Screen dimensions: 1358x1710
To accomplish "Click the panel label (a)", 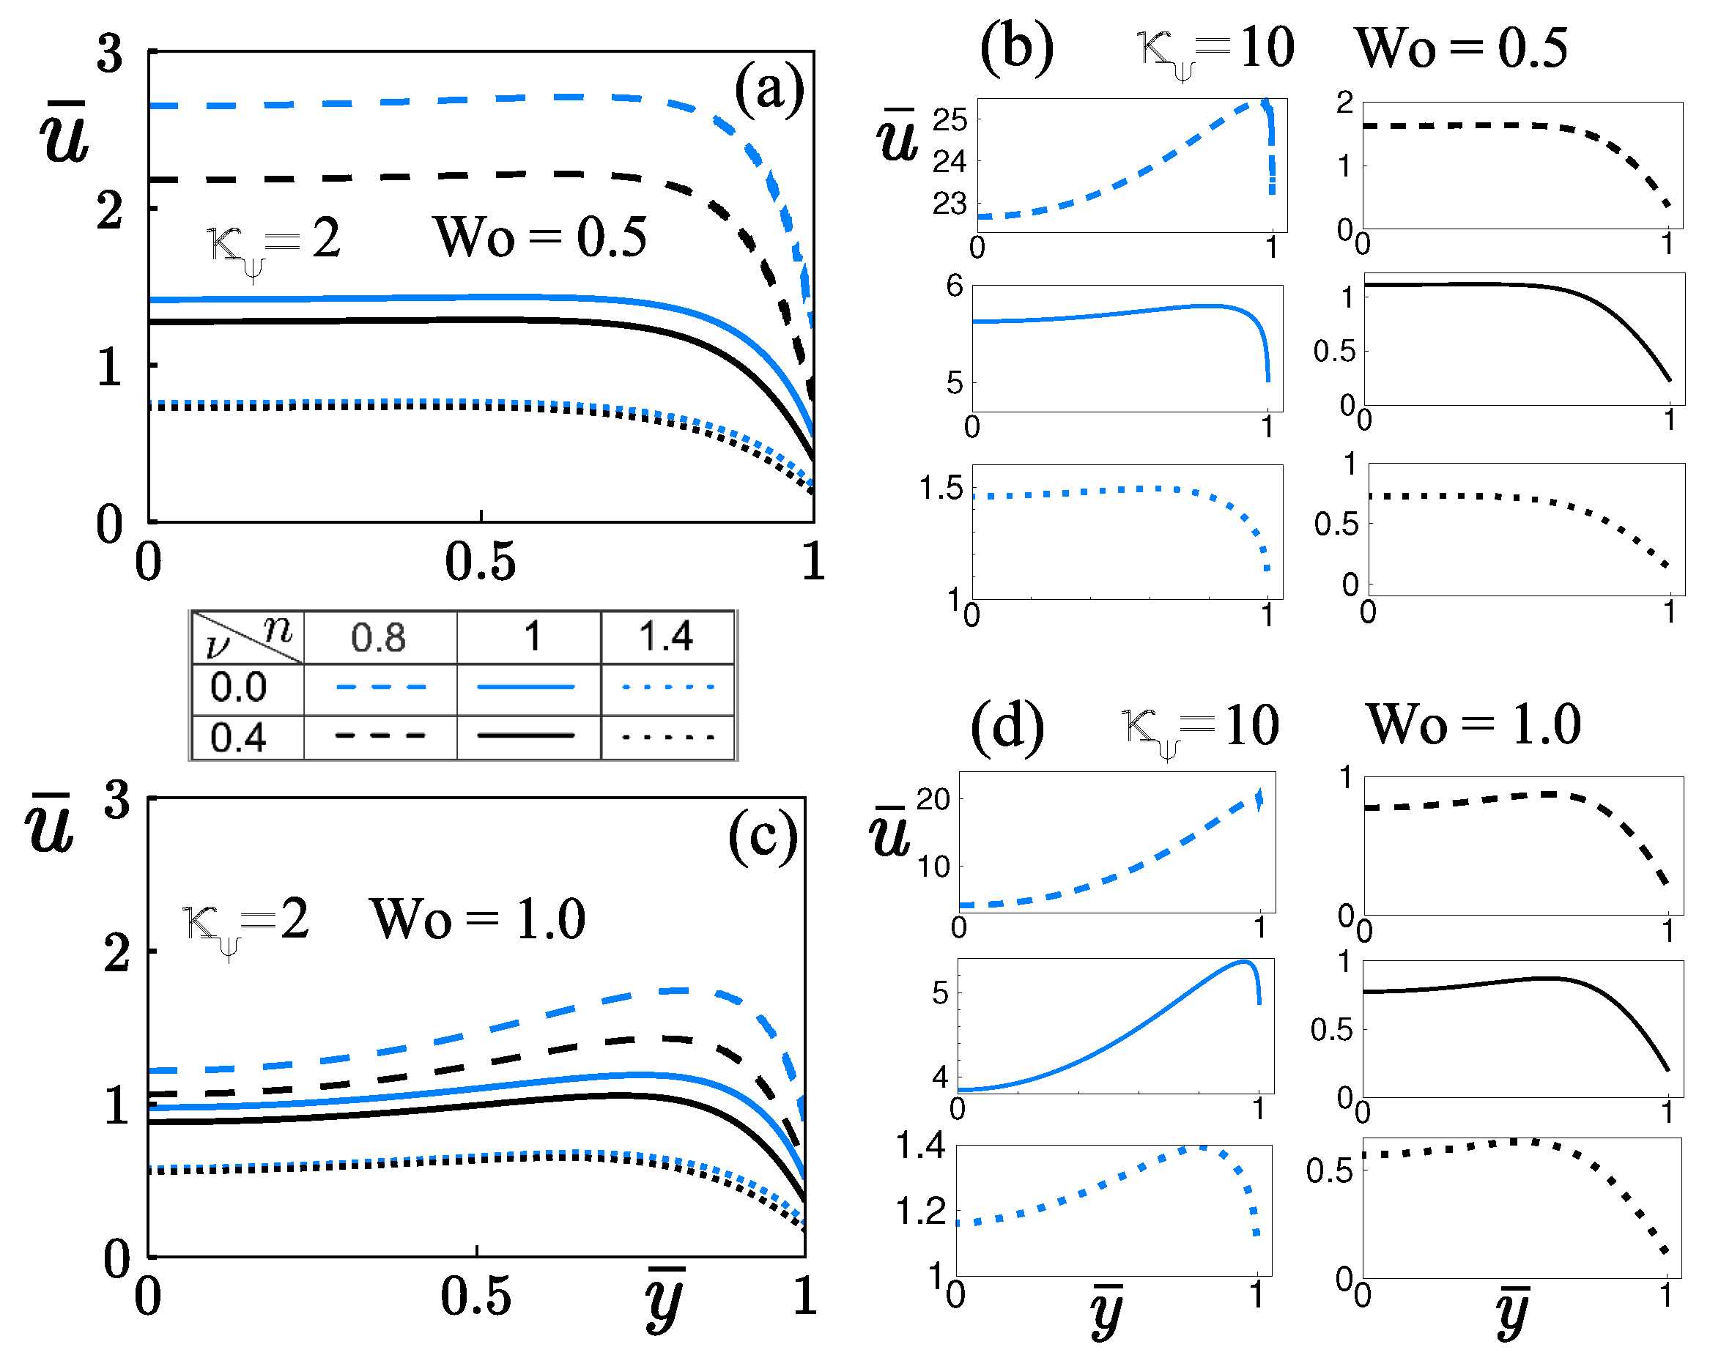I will (x=769, y=89).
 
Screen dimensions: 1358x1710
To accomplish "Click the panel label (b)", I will (x=1016, y=48).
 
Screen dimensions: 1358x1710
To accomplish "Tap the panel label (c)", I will (x=762, y=836).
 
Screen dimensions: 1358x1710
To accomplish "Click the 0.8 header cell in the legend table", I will (x=378, y=637).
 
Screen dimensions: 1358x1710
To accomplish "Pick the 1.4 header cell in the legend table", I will (x=666, y=637).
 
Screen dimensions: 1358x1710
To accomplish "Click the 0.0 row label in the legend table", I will (x=238, y=687).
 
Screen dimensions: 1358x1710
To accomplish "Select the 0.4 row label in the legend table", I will (x=238, y=738).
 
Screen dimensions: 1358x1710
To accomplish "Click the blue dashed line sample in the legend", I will (x=381, y=687).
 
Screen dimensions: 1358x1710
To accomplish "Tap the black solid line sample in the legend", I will (x=526, y=736).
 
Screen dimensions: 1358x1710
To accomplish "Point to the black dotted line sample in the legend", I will (x=668, y=738).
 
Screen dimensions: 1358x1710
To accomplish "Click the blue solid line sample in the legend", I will (x=526, y=687).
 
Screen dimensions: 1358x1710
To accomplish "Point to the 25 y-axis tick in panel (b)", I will (x=950, y=121).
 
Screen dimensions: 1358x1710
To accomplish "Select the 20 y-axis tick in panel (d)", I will (x=933, y=800).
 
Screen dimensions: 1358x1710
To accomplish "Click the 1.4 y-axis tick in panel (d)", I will (x=921, y=1146).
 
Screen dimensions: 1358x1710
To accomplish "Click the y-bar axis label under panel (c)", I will (x=665, y=1300).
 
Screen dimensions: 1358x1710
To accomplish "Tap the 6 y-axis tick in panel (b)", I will (x=955, y=286).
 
